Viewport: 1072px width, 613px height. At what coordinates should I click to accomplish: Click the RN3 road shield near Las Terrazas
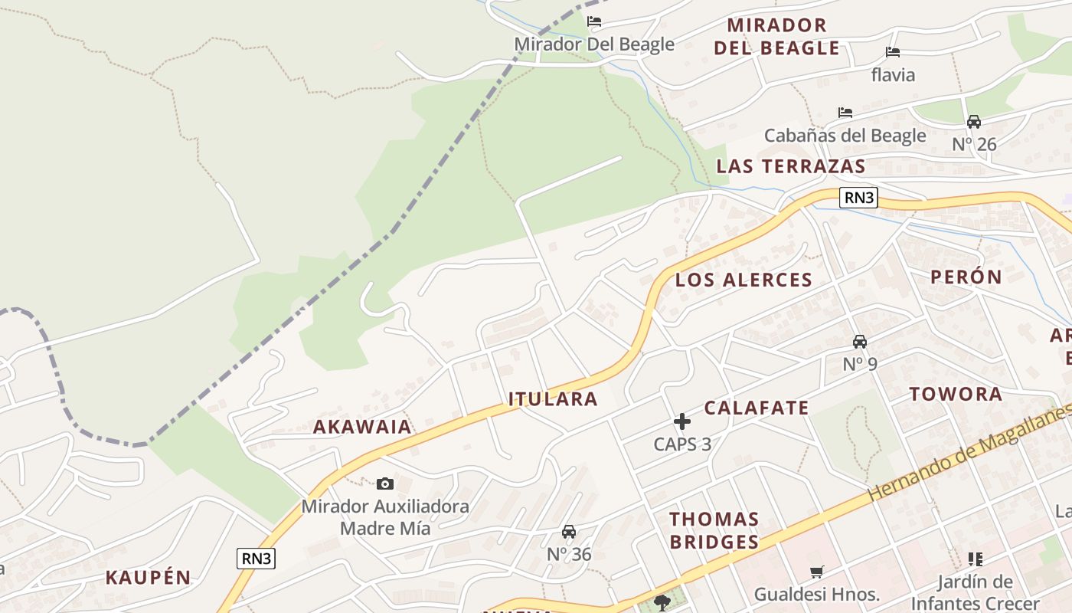tap(858, 198)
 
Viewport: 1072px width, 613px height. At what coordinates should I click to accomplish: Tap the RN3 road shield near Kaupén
tap(256, 559)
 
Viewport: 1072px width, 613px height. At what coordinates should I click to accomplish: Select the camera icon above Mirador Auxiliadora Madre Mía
tap(385, 484)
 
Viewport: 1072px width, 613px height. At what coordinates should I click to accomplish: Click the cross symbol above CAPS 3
tap(682, 421)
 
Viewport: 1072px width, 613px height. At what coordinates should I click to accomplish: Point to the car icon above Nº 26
tap(974, 122)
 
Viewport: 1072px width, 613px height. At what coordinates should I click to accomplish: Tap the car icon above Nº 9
tap(860, 342)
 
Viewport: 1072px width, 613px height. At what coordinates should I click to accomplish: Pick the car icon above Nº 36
tap(569, 532)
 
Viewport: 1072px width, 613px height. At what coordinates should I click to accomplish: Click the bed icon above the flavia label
tap(893, 52)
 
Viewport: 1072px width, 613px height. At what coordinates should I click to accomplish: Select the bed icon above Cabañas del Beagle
tap(845, 113)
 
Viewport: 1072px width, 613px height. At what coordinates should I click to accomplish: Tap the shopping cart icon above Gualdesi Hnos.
tap(817, 572)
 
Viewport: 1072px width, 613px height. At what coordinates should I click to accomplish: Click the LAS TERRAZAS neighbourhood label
tap(791, 166)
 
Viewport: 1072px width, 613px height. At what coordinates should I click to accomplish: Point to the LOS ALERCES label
tap(744, 280)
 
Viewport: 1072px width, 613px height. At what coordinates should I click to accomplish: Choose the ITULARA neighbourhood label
tap(553, 399)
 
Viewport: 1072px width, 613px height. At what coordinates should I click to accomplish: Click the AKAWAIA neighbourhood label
tap(362, 427)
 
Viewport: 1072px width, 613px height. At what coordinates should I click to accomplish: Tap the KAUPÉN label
tap(148, 578)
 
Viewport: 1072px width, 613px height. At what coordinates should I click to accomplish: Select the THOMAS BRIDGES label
tap(714, 530)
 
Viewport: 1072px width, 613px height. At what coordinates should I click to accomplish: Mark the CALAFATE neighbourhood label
tap(757, 408)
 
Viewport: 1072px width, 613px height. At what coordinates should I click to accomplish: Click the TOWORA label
tap(956, 395)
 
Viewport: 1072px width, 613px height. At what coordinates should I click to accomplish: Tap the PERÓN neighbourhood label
tap(966, 277)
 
